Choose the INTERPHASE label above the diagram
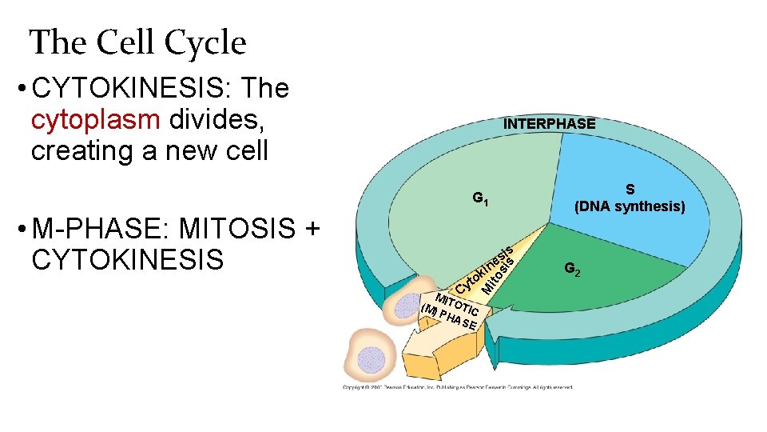pos(549,124)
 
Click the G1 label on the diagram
pos(480,198)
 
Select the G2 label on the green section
pos(572,270)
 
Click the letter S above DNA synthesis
pos(630,190)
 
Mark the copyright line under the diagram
pos(458,387)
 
